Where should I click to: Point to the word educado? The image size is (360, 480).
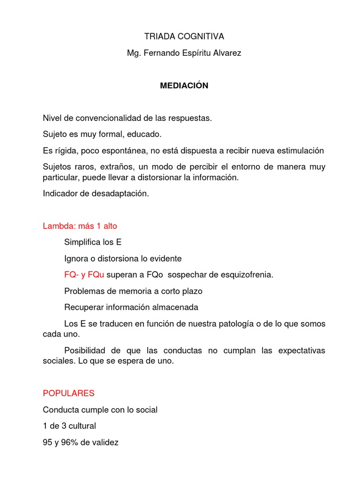click(x=144, y=135)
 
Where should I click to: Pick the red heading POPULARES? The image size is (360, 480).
click(x=68, y=393)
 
